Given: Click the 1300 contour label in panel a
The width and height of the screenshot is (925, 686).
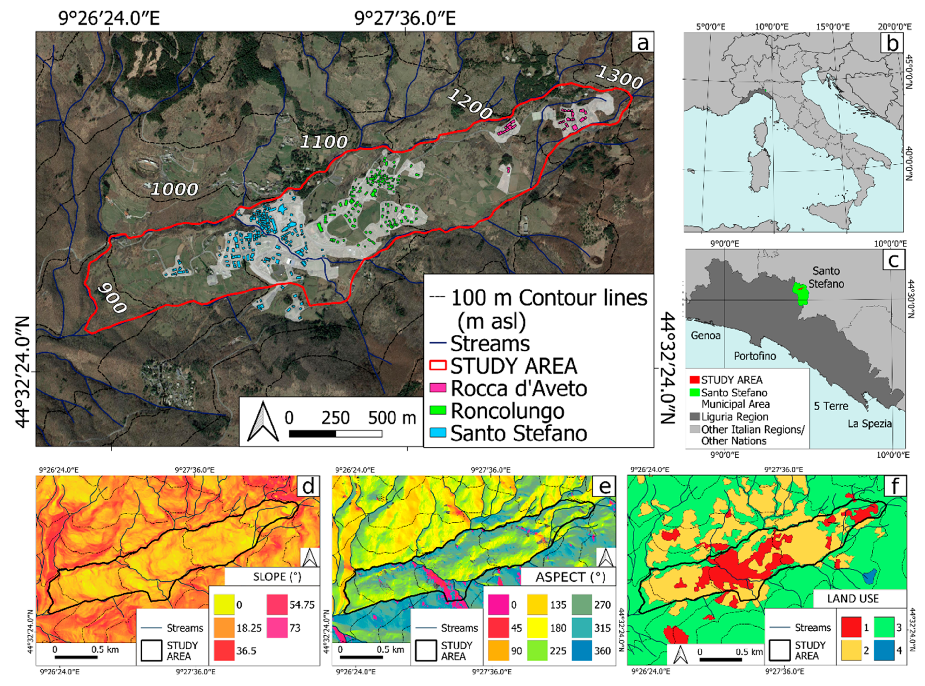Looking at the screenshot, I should coord(619,78).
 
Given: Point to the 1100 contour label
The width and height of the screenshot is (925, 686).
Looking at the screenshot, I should coord(323,142).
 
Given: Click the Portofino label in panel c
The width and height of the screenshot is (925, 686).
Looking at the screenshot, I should coord(755,356).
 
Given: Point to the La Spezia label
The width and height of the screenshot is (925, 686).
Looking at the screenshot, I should coord(869,424).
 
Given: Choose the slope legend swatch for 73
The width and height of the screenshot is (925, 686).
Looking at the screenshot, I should coord(277,627).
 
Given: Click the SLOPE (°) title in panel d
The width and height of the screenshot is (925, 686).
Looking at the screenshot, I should coord(277,577).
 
